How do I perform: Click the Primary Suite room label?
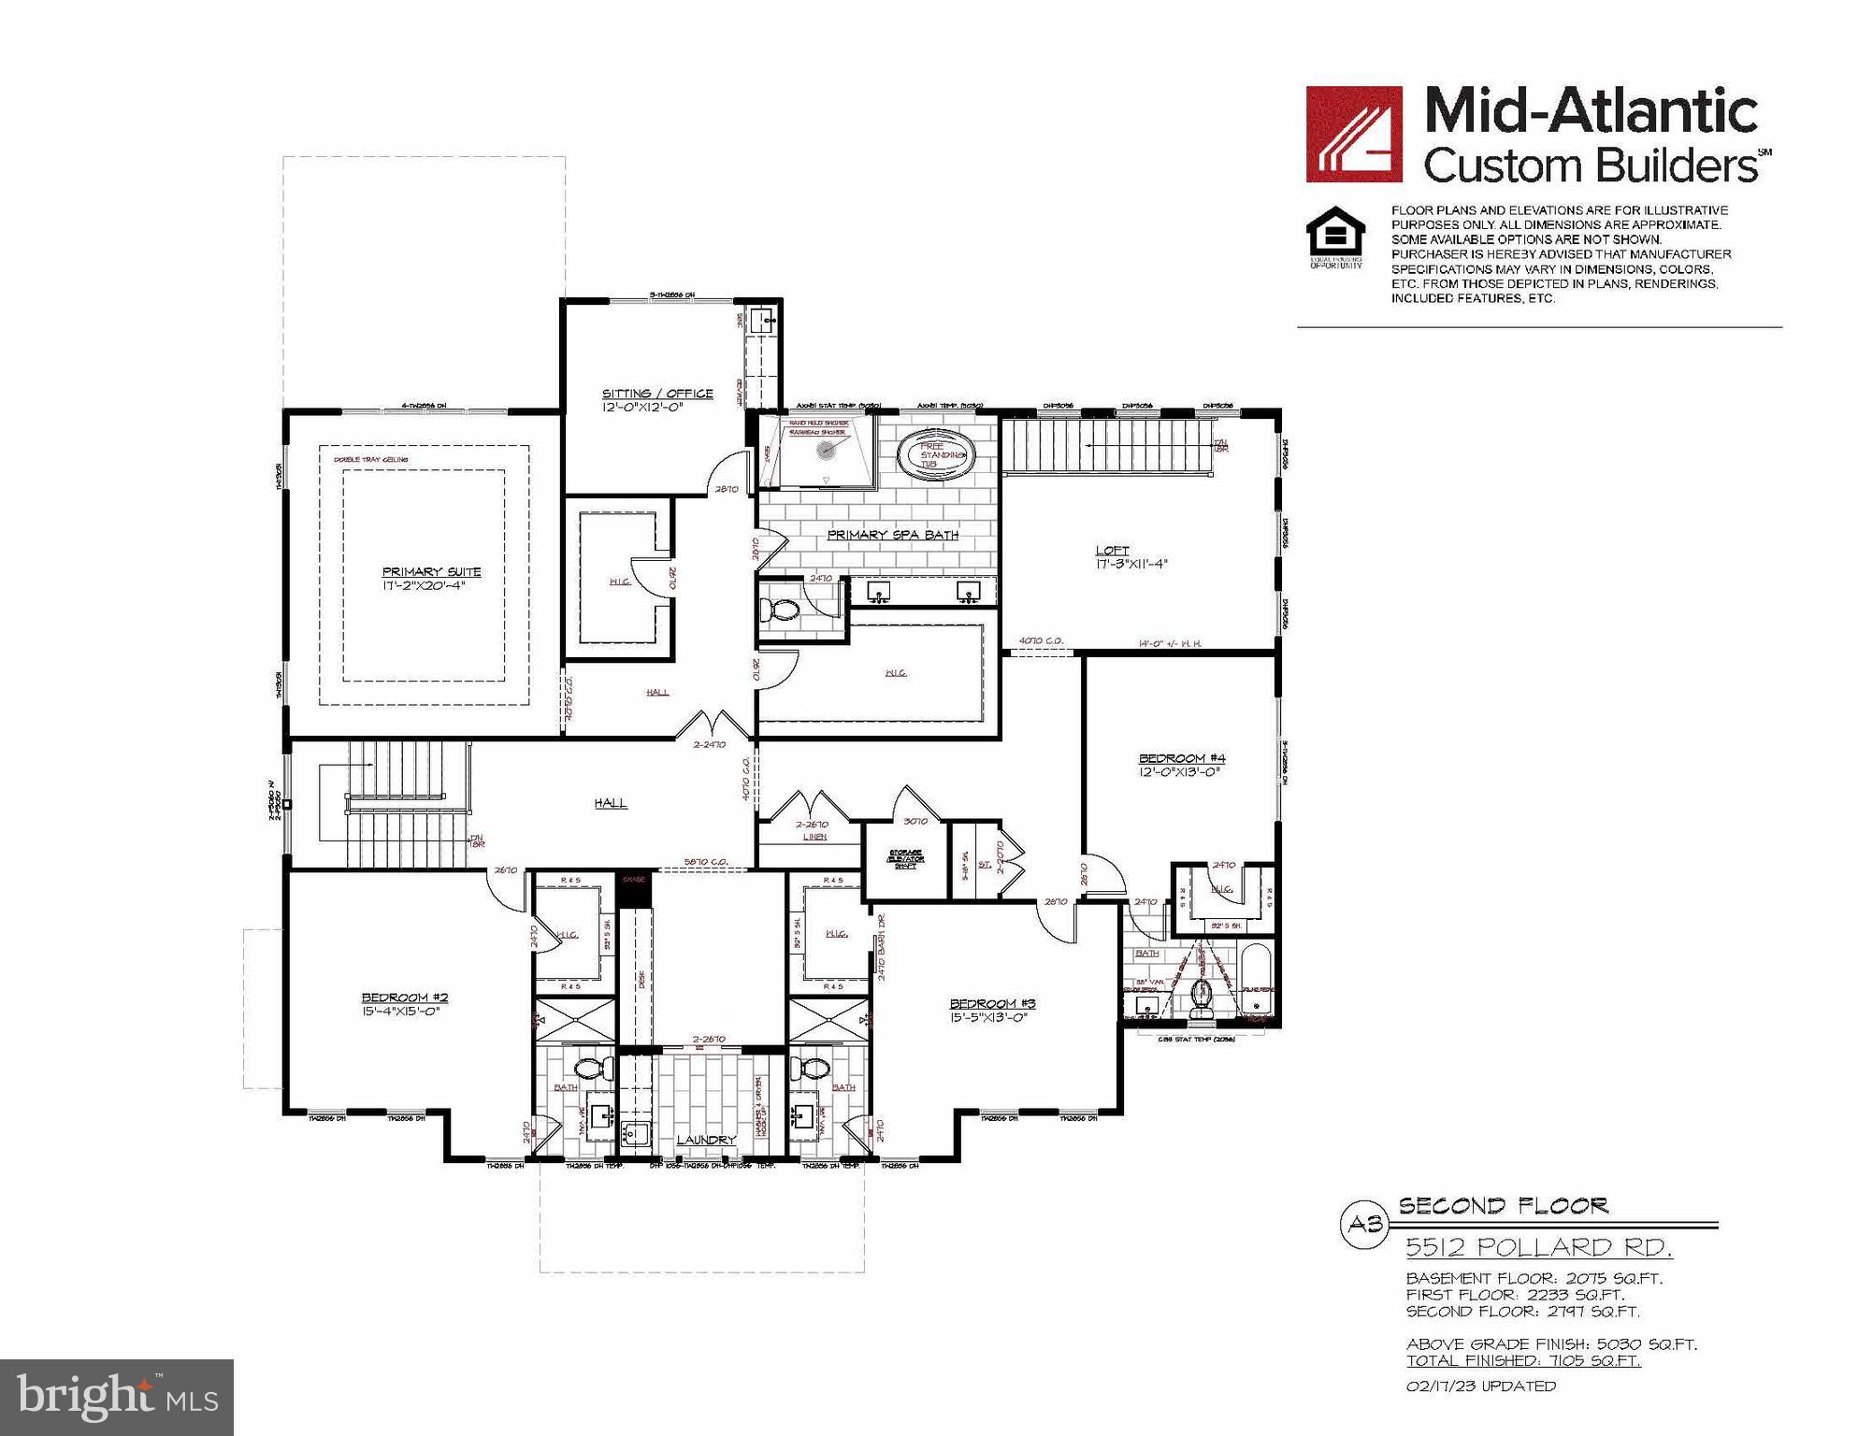point(431,571)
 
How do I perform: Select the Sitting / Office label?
point(657,394)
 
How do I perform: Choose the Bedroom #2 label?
point(405,998)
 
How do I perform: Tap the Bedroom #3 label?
point(993,1003)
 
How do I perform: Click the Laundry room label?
point(706,1140)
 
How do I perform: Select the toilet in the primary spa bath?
point(778,610)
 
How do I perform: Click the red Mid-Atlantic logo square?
point(1354,134)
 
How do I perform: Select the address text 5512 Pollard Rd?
point(1539,1247)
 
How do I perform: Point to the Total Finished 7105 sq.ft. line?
point(1523,1360)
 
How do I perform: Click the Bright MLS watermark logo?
point(117,1397)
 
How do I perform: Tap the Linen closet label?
point(814,837)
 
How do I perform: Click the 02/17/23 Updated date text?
point(1481,1386)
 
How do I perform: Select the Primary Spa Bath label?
point(892,535)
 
